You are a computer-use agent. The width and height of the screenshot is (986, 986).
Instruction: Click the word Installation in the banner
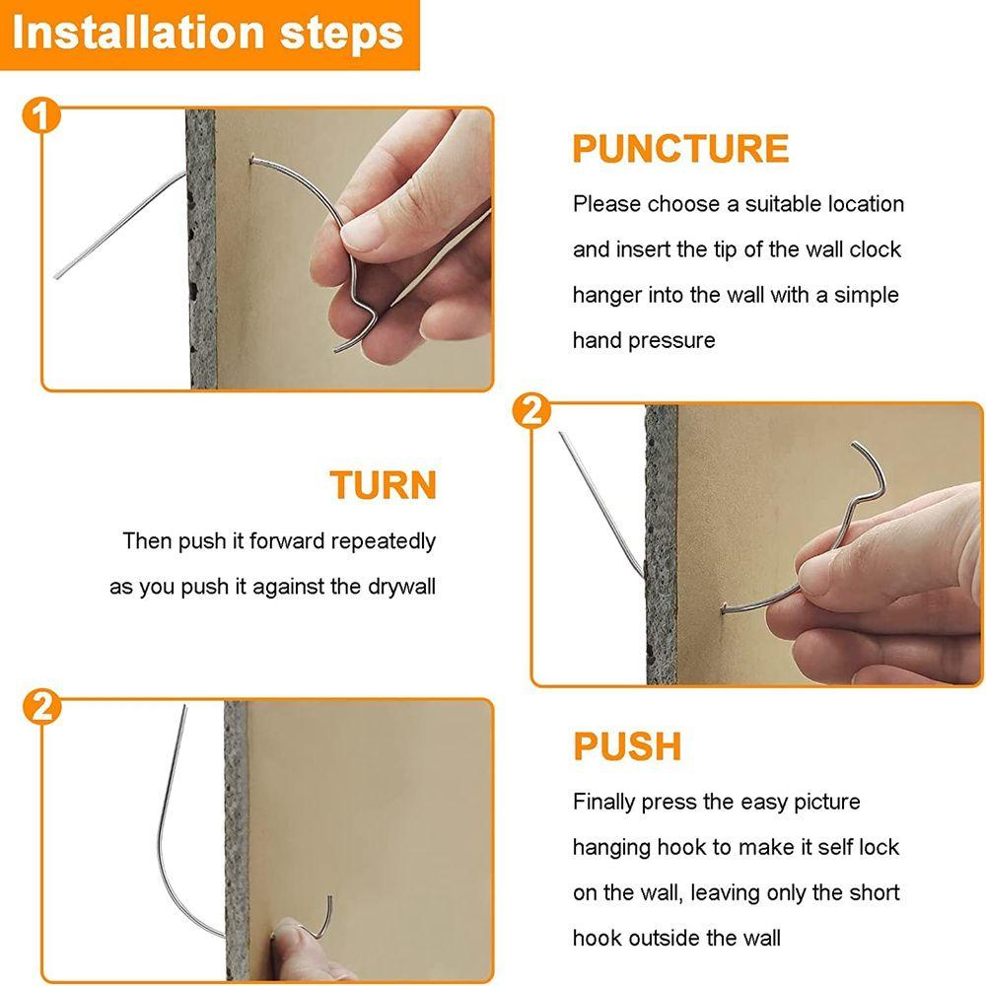tap(138, 33)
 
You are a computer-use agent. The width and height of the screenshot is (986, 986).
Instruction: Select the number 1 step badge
tap(40, 115)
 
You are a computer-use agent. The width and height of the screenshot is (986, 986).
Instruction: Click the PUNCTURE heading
tap(680, 149)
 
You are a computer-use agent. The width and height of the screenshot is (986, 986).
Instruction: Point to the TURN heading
tap(383, 485)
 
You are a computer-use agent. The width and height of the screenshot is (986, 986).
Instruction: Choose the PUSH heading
tap(627, 746)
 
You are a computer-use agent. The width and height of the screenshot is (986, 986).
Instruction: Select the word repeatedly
tap(383, 541)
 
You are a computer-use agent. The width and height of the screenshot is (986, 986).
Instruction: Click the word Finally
tap(603, 803)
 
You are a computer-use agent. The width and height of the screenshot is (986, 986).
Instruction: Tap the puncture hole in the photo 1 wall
tap(252, 161)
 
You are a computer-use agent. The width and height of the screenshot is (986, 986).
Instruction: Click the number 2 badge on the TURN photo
tap(531, 412)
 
